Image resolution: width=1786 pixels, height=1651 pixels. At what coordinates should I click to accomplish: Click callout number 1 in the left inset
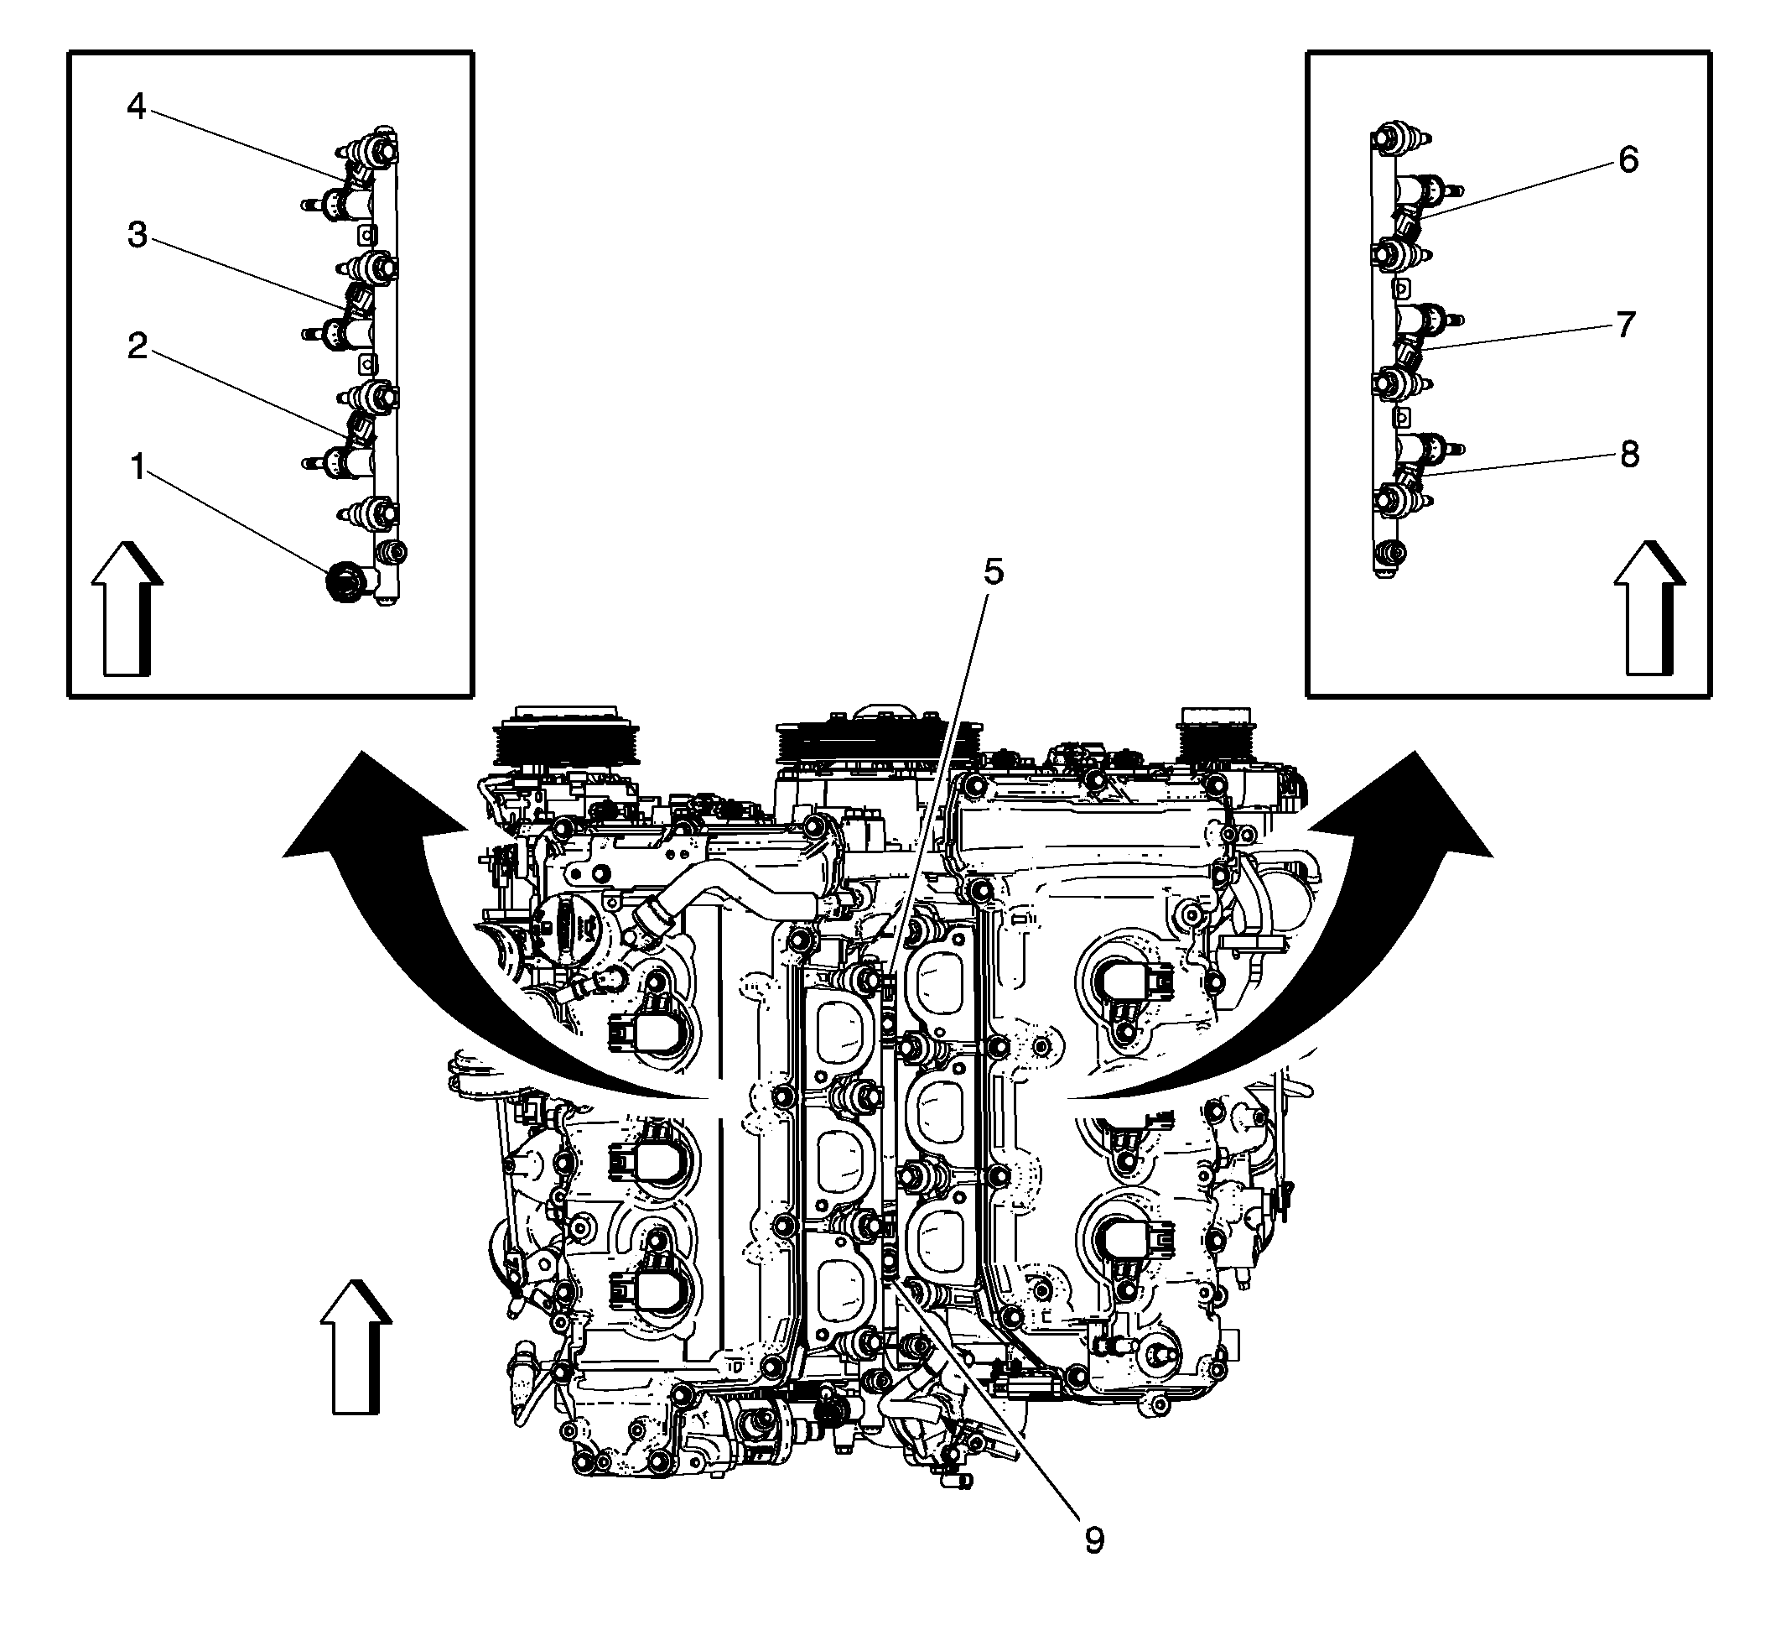[137, 466]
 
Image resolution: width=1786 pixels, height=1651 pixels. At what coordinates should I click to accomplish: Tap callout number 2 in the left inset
[137, 346]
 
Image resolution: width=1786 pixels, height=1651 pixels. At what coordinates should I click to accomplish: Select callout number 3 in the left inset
[137, 235]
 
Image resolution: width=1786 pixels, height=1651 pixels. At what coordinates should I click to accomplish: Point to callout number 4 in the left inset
[136, 107]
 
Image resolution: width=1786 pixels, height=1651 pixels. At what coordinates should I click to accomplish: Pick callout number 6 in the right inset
[1628, 160]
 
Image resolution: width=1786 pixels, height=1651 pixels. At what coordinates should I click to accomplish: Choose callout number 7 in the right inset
[1625, 325]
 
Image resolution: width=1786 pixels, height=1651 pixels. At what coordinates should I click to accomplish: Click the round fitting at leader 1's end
[342, 581]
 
